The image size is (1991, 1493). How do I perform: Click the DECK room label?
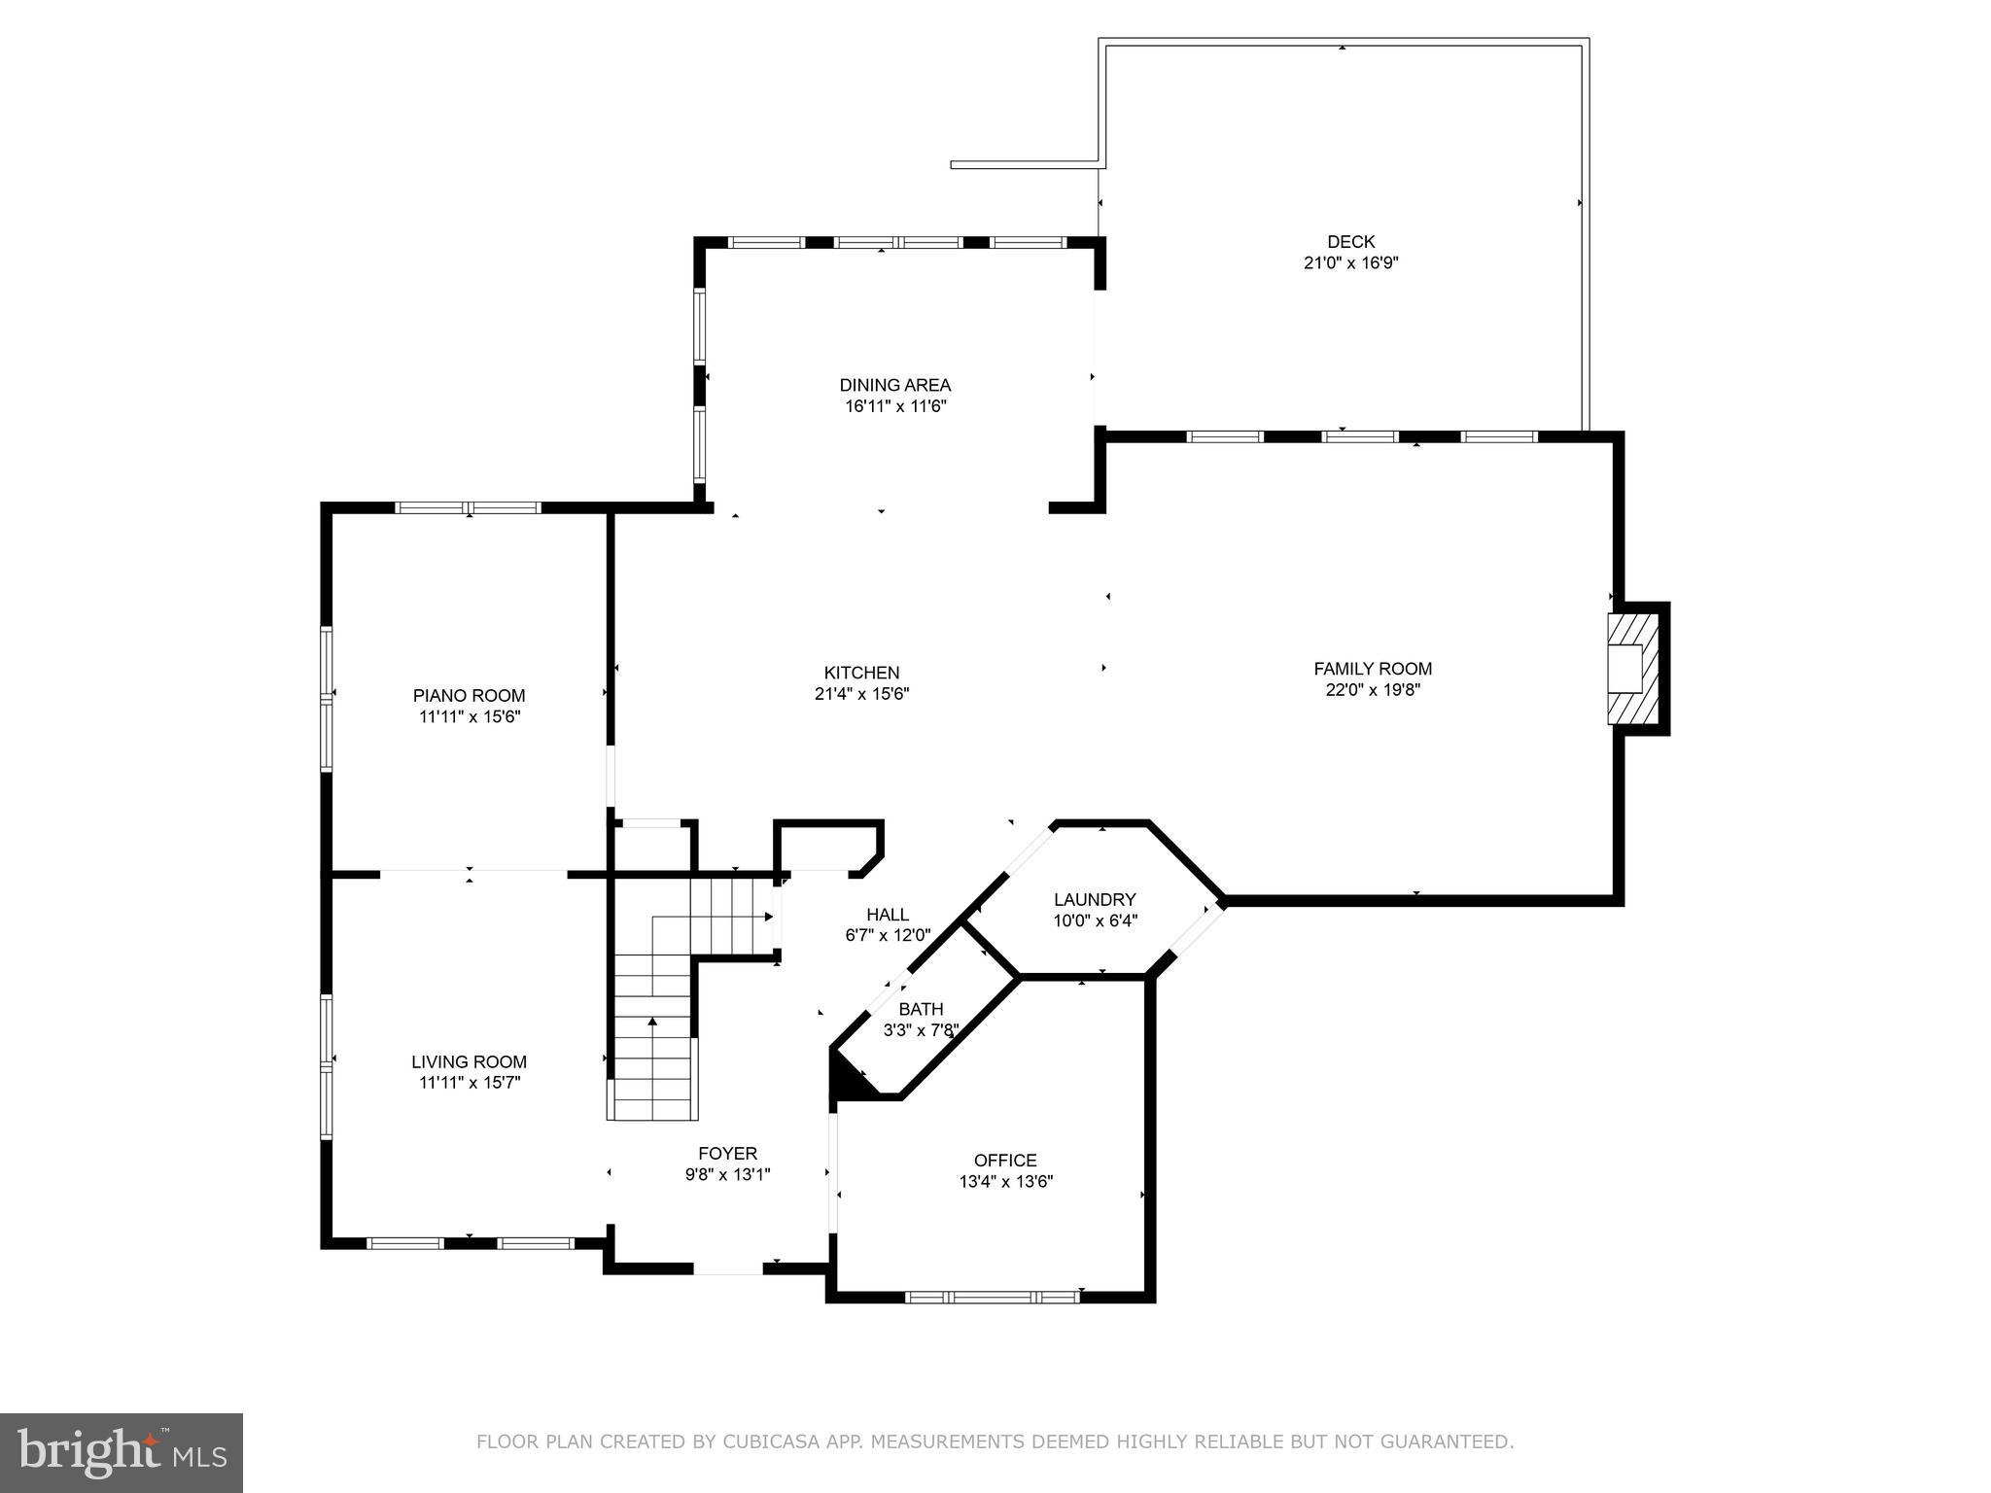coord(1350,242)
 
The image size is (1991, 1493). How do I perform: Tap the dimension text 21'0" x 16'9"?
coord(1350,262)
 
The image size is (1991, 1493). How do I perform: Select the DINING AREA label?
coord(894,385)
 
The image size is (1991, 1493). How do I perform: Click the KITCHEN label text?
coord(861,673)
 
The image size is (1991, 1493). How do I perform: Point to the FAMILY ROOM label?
coord(1372,669)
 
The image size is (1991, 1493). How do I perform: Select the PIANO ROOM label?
coord(469,696)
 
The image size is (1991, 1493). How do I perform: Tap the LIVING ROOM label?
coord(469,1062)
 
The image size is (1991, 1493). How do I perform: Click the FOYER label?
coord(727,1154)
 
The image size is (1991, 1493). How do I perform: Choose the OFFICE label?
coord(1005,1161)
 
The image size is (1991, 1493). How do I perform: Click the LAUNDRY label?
coord(1095,900)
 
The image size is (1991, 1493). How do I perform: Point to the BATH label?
coord(921,1010)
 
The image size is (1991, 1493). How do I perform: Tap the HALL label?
coord(888,915)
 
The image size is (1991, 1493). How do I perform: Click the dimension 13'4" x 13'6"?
coord(1005,1182)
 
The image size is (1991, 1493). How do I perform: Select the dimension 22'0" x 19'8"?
coord(1372,690)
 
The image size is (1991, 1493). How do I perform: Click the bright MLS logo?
coord(121,1452)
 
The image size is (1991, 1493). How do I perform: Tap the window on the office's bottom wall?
coord(992,1296)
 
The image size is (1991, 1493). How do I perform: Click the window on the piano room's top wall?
coord(468,507)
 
